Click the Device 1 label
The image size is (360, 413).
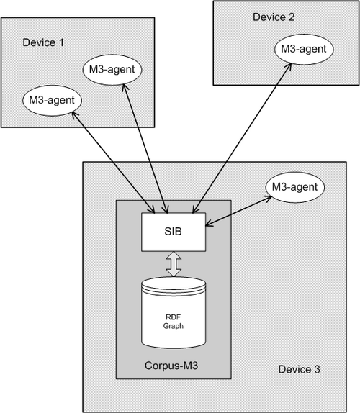point(43,42)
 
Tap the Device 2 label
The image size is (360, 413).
point(274,17)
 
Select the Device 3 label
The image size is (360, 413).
point(299,369)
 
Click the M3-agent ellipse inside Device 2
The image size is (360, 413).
point(304,49)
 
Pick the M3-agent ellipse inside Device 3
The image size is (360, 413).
point(295,187)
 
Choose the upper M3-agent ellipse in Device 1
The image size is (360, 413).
point(112,70)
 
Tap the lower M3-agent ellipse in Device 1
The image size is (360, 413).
point(52,100)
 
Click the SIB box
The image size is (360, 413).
point(174,232)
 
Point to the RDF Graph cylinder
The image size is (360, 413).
point(174,312)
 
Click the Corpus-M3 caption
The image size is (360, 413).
point(171,366)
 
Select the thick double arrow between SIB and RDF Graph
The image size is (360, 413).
point(174,264)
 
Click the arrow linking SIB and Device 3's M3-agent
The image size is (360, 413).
point(238,211)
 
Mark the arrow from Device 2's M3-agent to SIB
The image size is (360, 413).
point(242,137)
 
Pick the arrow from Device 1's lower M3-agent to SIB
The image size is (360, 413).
point(113,162)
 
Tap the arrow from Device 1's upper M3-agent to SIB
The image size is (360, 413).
point(145,148)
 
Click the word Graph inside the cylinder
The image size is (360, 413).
point(173,326)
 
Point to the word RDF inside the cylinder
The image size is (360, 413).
point(173,317)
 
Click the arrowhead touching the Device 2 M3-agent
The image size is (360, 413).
point(289,66)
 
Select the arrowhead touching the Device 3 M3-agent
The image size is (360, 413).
point(269,198)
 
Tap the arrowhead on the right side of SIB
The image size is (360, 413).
point(209,224)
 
